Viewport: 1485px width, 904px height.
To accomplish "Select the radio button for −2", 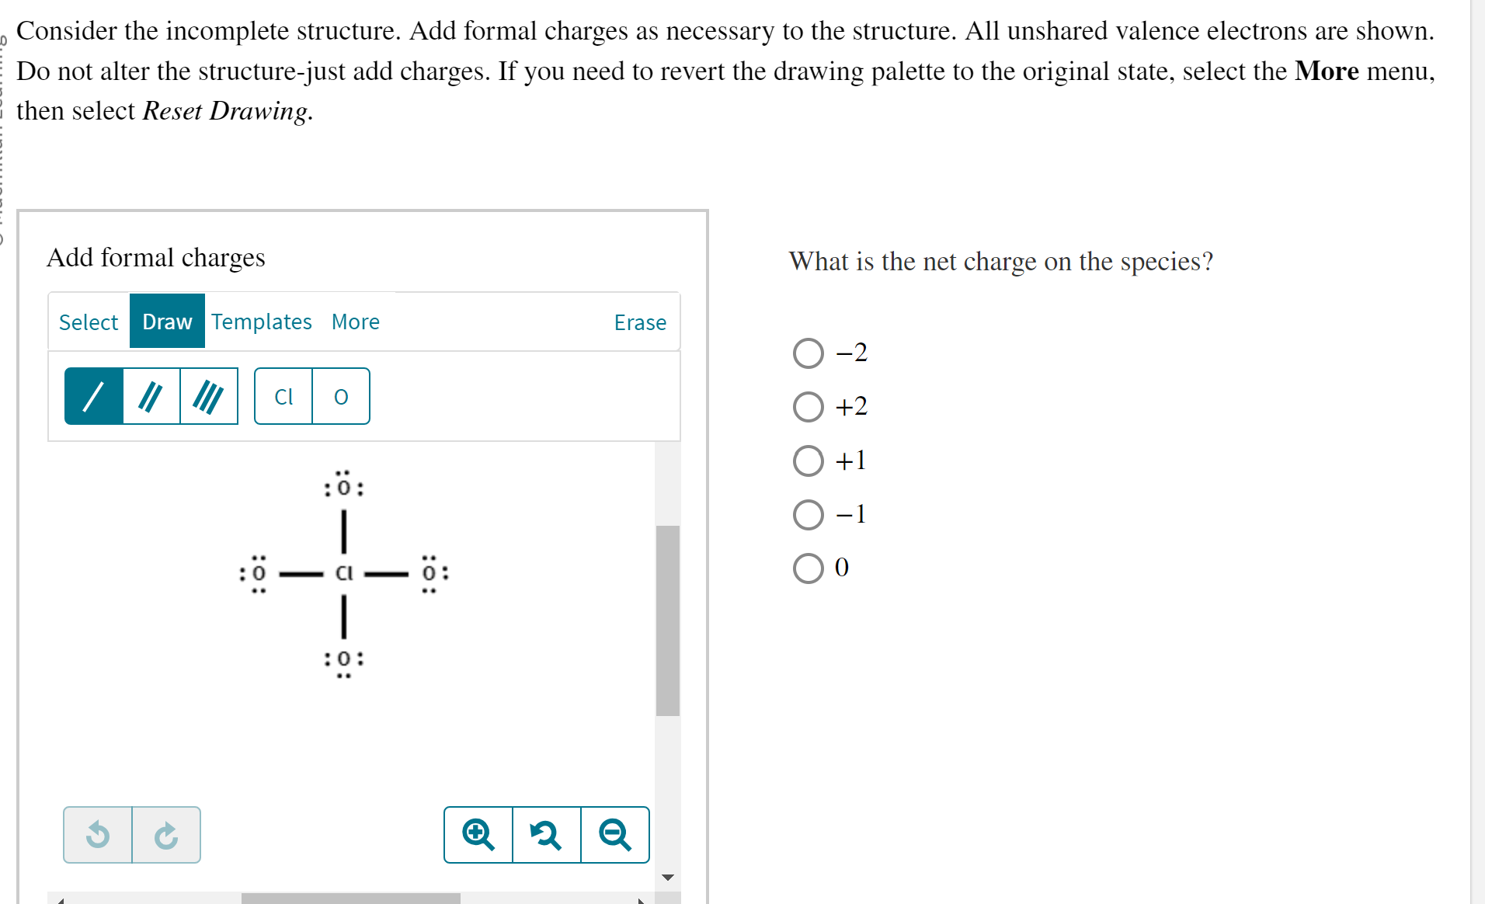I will pos(808,353).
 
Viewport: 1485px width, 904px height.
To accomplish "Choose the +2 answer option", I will pos(808,407).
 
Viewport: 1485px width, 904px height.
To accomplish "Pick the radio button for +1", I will pos(808,461).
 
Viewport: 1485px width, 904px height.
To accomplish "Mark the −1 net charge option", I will pos(808,514).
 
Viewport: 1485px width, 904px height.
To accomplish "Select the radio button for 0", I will pos(808,568).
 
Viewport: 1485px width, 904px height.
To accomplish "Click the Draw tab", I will pos(167,322).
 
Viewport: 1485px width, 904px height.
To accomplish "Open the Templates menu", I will pos(261,322).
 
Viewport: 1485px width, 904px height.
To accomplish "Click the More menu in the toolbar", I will pos(355,322).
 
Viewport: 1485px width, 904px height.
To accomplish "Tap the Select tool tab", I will pos(89,322).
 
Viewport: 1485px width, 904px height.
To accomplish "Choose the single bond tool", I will pos(94,396).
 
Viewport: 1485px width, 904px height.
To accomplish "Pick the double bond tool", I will pos(151,396).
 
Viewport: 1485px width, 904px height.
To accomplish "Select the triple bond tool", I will pos(208,396).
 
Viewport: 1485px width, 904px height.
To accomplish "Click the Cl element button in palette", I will pos(283,396).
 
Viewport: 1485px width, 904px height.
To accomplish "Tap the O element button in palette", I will pos(341,396).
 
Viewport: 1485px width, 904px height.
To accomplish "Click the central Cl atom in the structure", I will pos(344,573).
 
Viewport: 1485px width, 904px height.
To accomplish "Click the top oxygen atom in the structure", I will pos(344,488).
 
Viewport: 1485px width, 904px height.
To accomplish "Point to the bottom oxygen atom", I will pos(344,659).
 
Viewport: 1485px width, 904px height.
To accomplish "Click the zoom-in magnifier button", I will pos(478,835).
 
